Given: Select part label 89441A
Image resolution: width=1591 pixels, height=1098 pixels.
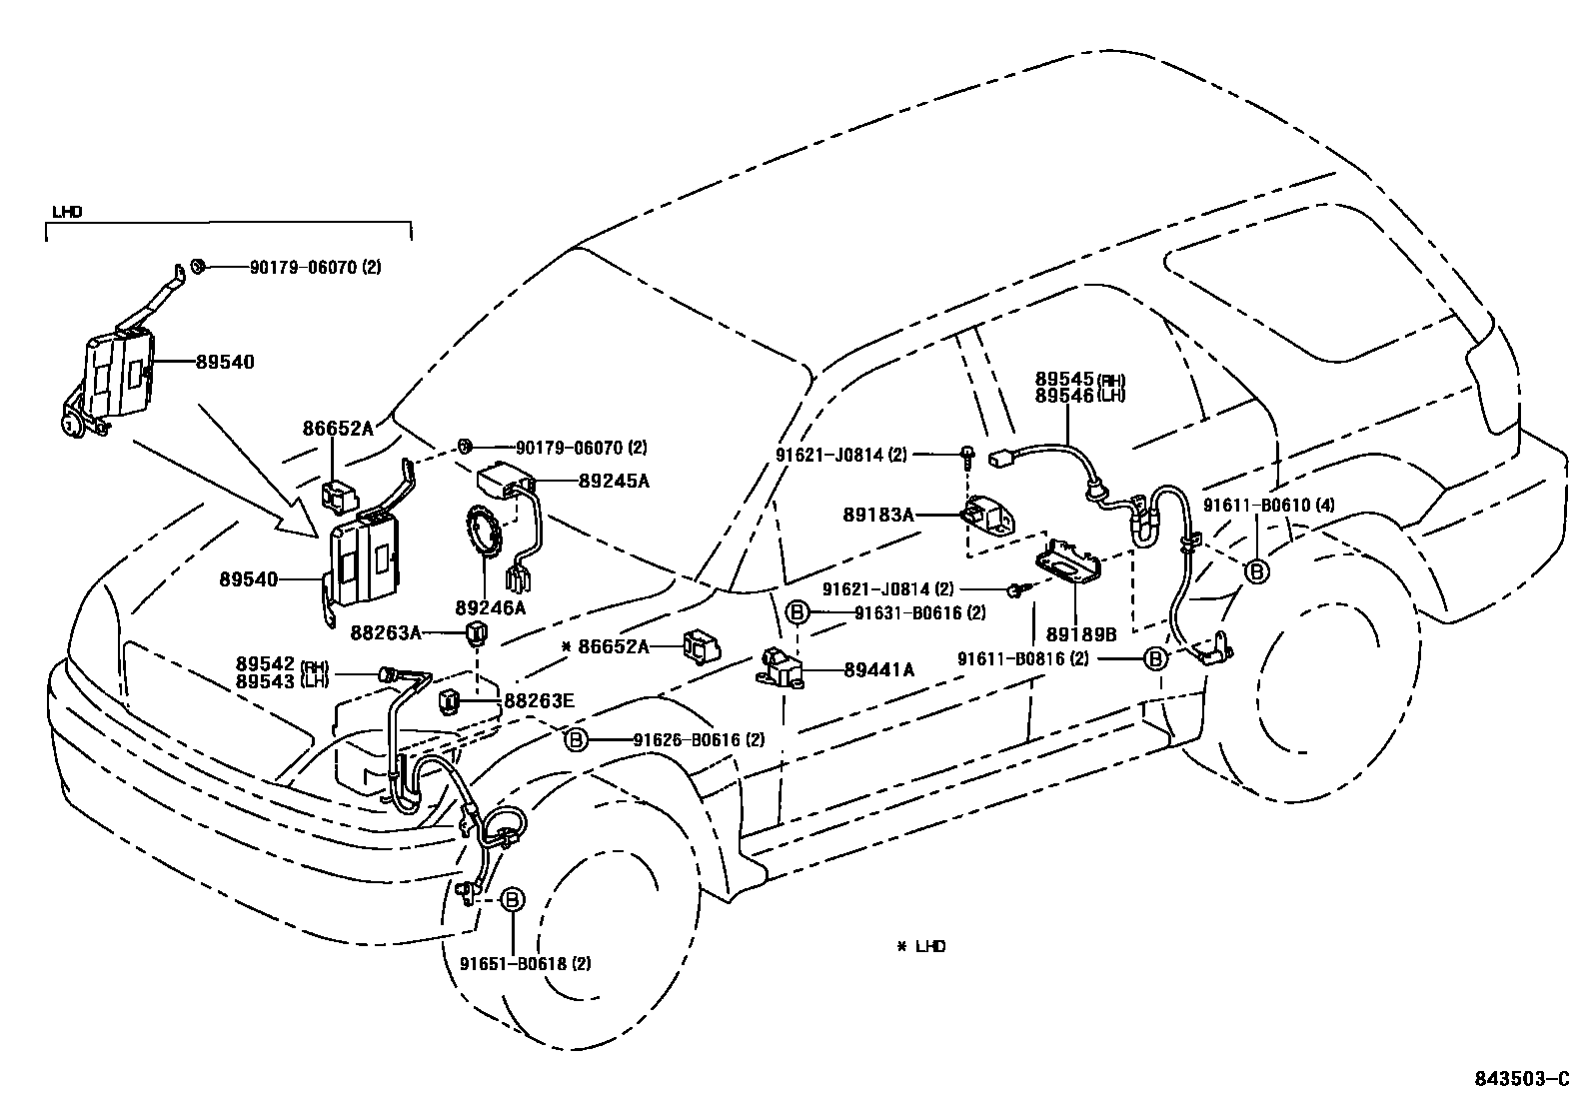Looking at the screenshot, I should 878,670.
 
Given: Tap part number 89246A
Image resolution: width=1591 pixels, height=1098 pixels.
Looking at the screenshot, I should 490,607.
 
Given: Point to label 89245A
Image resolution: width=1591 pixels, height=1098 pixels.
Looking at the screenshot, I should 614,481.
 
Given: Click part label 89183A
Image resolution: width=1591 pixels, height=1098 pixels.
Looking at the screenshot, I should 878,515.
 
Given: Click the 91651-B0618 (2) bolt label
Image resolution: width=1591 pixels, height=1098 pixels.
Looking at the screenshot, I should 526,964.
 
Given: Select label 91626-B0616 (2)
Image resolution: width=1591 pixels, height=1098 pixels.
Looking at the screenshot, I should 699,740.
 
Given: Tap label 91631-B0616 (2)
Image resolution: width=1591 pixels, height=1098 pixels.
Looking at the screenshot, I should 919,612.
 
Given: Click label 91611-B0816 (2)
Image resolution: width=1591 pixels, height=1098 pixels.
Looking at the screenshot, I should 1023,659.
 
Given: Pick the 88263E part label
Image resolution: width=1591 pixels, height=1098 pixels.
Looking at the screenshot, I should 539,701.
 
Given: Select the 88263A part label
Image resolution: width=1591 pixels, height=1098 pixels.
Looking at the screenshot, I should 386,632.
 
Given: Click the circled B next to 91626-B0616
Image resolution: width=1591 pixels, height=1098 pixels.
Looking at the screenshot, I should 577,740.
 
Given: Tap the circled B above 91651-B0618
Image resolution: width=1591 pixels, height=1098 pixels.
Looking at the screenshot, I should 511,899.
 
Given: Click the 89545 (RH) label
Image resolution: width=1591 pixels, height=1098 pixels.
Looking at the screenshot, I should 1079,380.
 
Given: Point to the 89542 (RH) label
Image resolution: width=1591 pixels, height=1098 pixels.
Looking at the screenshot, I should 283,664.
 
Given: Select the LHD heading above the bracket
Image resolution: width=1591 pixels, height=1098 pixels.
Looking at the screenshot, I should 67,212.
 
